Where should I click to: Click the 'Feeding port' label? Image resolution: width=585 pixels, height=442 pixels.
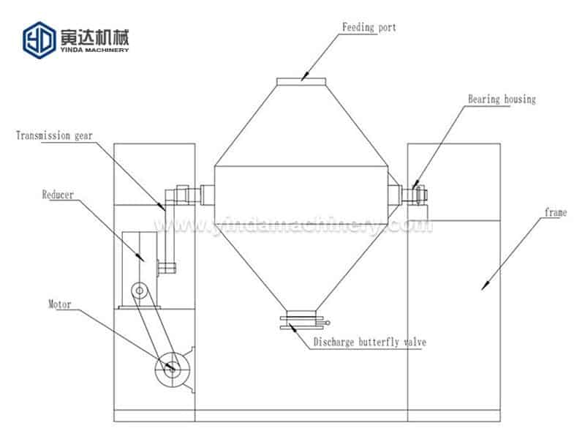click(x=369, y=28)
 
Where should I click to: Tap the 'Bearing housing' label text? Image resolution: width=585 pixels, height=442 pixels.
click(x=502, y=100)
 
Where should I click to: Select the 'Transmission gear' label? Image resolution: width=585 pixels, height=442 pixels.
click(x=54, y=135)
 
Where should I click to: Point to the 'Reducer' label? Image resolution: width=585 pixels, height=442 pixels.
click(x=58, y=195)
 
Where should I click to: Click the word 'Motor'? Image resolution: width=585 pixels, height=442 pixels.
click(x=60, y=304)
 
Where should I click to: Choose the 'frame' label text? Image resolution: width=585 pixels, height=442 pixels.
click(x=556, y=212)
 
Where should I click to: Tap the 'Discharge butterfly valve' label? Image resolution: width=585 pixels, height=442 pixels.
click(x=370, y=342)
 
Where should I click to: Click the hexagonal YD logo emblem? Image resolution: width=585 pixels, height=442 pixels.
click(x=39, y=40)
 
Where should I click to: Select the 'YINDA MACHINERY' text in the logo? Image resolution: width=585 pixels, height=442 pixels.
click(x=95, y=50)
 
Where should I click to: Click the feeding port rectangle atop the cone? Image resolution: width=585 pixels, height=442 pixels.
click(x=301, y=81)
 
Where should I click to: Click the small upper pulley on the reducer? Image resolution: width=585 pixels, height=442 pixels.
click(x=140, y=290)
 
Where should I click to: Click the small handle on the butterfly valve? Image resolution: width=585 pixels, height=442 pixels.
click(x=325, y=323)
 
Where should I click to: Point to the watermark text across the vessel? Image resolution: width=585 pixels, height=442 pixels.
click(x=293, y=225)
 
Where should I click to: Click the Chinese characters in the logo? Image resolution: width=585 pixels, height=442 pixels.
click(x=95, y=37)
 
